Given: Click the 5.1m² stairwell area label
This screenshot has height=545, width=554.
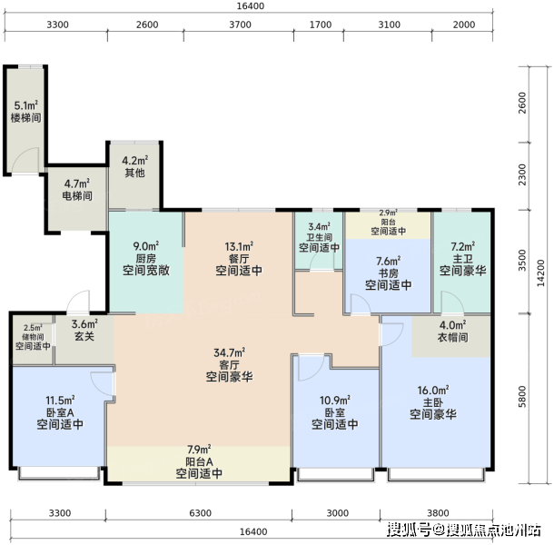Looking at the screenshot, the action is [x=25, y=112].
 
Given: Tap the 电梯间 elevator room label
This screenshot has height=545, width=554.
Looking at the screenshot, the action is [x=77, y=190].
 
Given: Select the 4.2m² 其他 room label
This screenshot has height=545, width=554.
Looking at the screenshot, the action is [x=135, y=166].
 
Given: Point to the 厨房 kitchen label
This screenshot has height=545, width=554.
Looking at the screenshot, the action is [x=146, y=258].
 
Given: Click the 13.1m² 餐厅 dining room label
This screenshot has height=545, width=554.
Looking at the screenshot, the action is [x=239, y=258].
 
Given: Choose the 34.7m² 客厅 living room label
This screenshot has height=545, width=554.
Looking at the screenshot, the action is [x=229, y=365].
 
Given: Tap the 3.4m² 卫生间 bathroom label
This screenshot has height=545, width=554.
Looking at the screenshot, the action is [x=319, y=237].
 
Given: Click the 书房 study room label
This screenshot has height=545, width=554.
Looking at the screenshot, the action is [x=389, y=273].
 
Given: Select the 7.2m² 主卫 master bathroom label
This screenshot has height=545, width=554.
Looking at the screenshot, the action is [x=463, y=258].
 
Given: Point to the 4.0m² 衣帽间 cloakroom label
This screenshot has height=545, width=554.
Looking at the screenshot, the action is [x=453, y=332].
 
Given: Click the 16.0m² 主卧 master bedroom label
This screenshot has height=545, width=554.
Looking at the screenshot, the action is [x=433, y=402].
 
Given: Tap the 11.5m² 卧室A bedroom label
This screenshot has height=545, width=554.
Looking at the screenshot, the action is [x=60, y=412].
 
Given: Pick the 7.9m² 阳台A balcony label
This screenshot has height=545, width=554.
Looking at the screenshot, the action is [x=199, y=461].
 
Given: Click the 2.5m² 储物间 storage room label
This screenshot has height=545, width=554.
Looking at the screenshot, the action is [x=33, y=337].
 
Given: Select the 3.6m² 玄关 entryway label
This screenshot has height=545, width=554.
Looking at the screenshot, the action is [x=84, y=330].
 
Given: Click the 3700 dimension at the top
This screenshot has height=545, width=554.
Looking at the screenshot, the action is [x=241, y=25].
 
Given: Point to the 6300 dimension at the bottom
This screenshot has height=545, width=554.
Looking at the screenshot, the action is [x=200, y=513].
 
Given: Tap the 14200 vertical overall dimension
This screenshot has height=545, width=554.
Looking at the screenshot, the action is [x=541, y=272].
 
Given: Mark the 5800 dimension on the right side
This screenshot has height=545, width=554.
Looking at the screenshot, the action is [x=522, y=397].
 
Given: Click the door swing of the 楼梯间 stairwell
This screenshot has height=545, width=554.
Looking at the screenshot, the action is [x=25, y=160].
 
